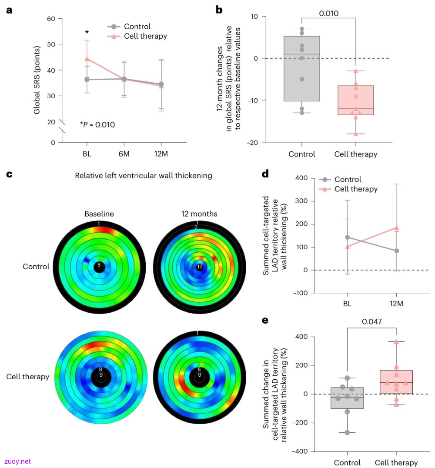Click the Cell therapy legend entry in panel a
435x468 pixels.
pos(137,36)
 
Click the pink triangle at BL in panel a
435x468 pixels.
pos(87,59)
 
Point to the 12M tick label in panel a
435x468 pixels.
pos(161,154)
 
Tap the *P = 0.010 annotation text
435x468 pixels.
pos(97,124)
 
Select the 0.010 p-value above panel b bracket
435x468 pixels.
pos(329,13)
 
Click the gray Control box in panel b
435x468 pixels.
pos(301,69)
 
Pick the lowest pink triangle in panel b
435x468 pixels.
pos(355,134)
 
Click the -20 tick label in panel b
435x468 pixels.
pos(253,143)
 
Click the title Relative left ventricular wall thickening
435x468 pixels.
pos(143,176)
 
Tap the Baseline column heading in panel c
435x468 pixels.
pos(99,214)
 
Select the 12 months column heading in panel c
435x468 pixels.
pos(199,214)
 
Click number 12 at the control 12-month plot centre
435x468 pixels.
pos(200,267)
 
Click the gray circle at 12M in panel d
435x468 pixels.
pos(396,251)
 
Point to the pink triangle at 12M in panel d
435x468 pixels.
pos(396,228)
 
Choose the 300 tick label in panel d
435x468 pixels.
pos(301,201)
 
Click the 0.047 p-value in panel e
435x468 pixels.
pos(371,321)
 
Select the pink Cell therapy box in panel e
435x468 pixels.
pos(396,382)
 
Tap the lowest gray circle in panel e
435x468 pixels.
pos(347,432)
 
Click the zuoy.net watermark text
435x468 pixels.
pos(17,461)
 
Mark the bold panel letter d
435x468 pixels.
pos(265,174)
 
